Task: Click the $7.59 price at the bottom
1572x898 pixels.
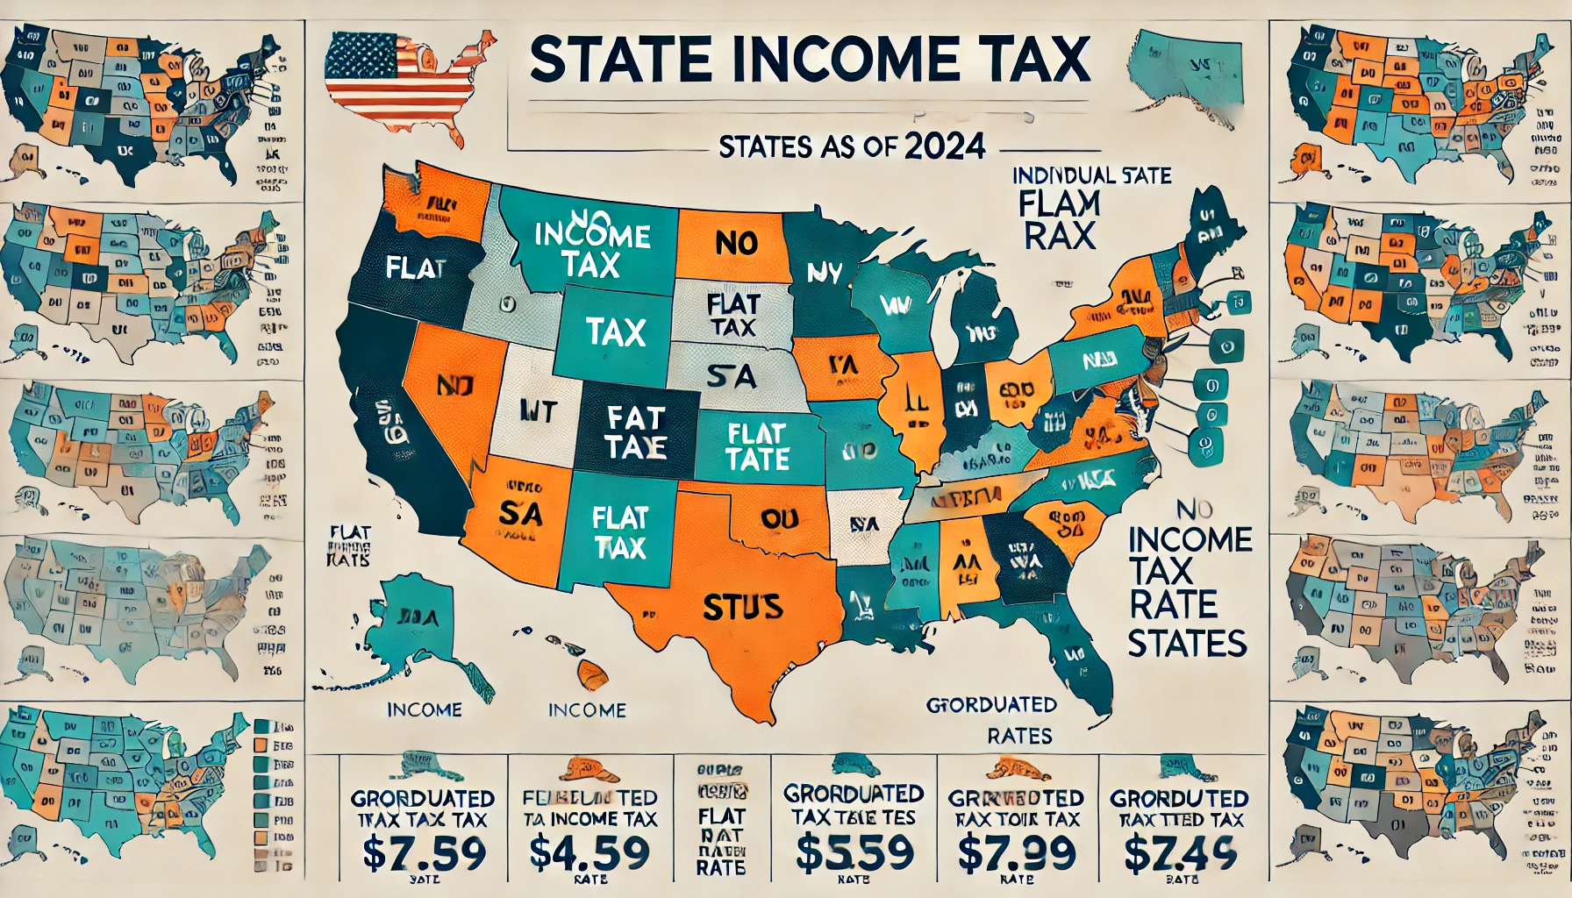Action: coord(425,852)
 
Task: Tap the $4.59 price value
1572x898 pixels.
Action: coord(589,852)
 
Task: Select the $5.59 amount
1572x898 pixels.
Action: coord(854,852)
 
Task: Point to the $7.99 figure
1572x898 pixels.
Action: coord(1017,852)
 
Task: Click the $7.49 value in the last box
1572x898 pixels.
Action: coord(1180,852)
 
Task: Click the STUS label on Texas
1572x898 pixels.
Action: coord(743,607)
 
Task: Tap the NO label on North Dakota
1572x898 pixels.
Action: coord(736,243)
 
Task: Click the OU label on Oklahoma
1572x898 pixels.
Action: coord(779,519)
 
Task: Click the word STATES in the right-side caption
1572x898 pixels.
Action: coord(1187,644)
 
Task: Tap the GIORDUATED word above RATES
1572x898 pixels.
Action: coord(991,704)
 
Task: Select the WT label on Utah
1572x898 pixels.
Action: coord(538,410)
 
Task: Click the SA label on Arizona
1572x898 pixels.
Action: coord(519,513)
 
